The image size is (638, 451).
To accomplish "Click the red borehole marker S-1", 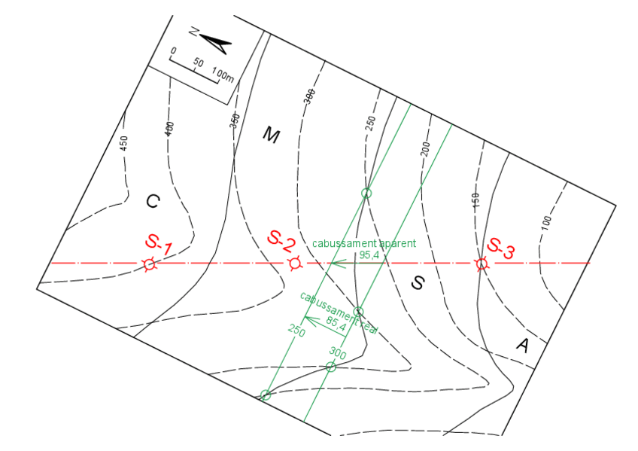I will (149, 264).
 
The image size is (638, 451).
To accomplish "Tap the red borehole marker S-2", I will (293, 264).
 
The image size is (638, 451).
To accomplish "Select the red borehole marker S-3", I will (481, 264).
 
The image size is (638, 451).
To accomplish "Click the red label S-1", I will (159, 244).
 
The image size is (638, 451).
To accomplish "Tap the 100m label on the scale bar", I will (223, 75).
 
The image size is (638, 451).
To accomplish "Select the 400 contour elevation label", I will (169, 129).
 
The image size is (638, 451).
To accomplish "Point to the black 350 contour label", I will (234, 122).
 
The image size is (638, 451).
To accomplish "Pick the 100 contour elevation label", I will (546, 221).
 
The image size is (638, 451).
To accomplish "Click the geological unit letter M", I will (271, 136).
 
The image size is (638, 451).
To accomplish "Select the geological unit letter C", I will (152, 201).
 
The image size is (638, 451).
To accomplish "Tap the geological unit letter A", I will (522, 345).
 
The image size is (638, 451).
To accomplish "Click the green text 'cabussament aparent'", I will (363, 244).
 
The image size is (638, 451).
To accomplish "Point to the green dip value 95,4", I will (369, 256).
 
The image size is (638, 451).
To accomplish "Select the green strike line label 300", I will (337, 353).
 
